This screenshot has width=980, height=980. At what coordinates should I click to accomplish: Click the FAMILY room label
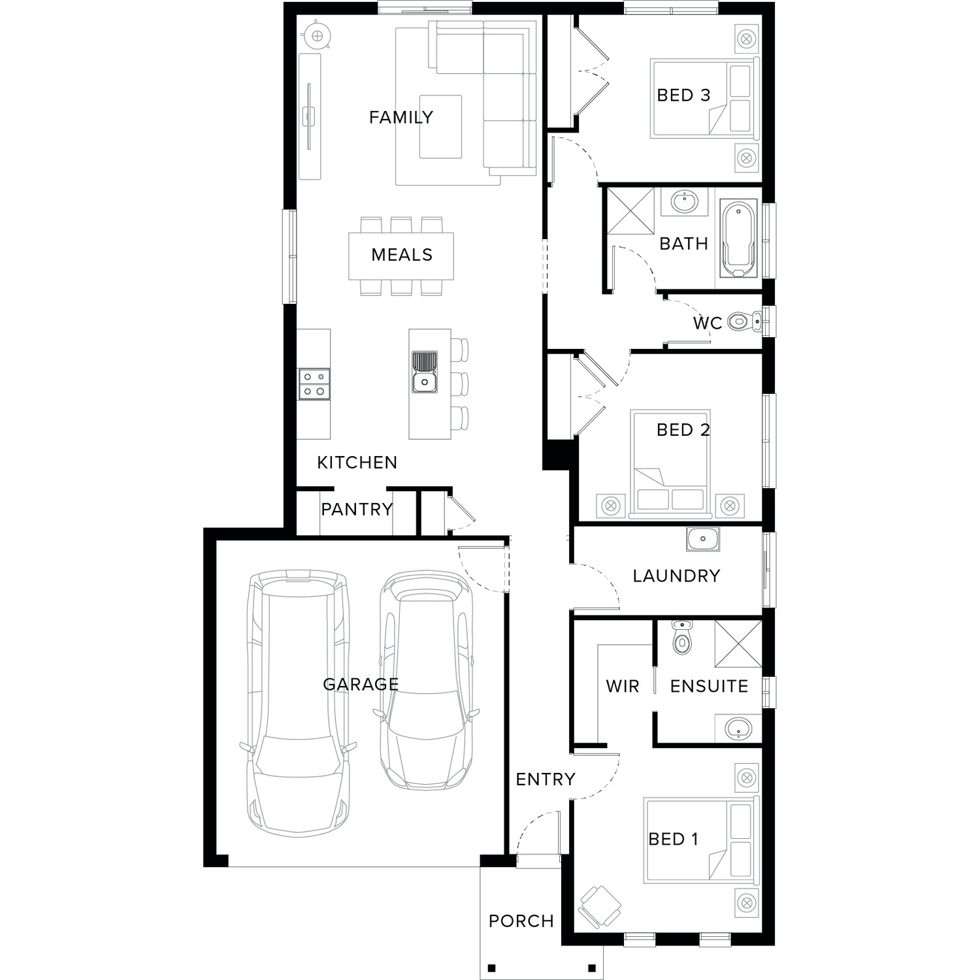(400, 117)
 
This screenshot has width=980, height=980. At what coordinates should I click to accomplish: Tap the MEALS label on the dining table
(402, 254)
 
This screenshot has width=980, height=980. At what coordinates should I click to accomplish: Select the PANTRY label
(357, 509)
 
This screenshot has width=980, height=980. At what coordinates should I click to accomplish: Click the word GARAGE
(361, 684)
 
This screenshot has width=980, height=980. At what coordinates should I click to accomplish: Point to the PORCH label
(521, 921)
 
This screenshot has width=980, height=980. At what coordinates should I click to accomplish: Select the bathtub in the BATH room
(738, 238)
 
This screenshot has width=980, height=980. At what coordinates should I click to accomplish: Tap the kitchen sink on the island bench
(425, 372)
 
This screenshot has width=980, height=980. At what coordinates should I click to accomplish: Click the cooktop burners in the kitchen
(314, 384)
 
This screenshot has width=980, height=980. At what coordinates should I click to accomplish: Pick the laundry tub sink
(703, 539)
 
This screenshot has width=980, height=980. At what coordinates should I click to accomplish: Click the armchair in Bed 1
(599, 906)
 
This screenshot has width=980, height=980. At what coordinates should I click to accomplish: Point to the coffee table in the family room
(440, 127)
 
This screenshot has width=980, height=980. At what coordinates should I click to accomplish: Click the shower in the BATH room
(630, 210)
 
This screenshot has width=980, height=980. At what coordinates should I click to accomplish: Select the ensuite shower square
(738, 644)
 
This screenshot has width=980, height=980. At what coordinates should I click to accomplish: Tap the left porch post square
(492, 968)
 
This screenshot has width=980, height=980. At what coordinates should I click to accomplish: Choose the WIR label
(623, 686)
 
